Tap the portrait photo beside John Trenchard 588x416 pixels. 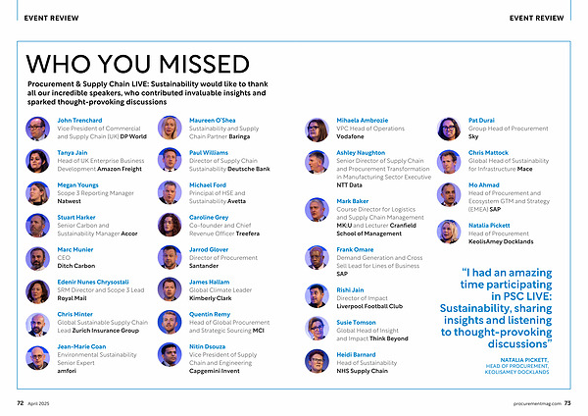38,128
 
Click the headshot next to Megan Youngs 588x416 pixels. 38,192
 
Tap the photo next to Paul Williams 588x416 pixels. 171,160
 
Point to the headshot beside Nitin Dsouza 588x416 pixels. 171,354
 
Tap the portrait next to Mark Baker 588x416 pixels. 318,209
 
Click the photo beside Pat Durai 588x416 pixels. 449,128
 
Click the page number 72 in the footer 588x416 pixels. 20,403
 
